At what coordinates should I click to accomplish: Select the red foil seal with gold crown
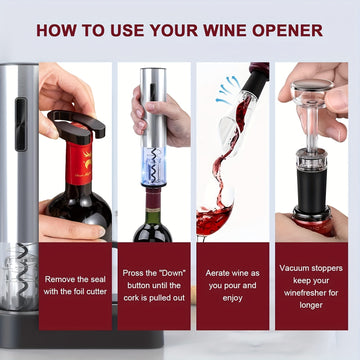[79, 160]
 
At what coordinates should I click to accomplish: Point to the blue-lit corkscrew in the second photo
[153, 165]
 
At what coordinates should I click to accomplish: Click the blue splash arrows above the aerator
[228, 90]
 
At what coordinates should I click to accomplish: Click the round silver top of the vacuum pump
[312, 85]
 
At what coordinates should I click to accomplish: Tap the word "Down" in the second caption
[173, 273]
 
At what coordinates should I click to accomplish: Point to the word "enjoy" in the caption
[233, 298]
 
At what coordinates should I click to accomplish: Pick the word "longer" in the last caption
[311, 305]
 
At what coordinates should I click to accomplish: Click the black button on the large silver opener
[21, 124]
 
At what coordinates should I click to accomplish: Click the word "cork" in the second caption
[132, 298]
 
